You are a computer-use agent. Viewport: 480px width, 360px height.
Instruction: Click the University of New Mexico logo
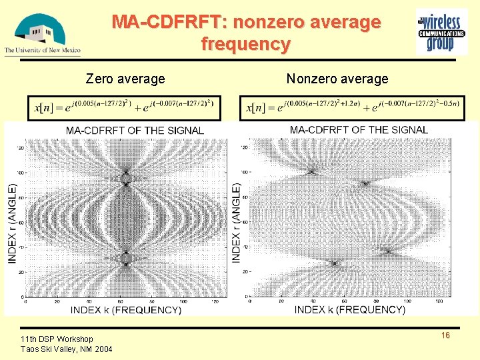(x=41, y=33)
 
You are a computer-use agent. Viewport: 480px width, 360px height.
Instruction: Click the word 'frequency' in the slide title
(x=246, y=45)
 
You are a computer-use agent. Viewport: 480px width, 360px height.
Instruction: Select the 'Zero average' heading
(x=125, y=79)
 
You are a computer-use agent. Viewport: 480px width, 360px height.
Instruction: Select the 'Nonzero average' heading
(x=337, y=79)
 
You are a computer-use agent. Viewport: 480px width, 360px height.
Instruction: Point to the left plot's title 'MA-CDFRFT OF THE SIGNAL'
(x=135, y=130)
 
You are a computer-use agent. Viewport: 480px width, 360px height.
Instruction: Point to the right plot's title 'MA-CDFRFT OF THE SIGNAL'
(x=359, y=129)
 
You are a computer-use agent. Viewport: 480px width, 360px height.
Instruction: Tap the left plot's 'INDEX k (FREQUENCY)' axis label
(x=126, y=309)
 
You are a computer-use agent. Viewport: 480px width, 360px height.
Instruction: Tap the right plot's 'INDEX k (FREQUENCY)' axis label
(x=349, y=309)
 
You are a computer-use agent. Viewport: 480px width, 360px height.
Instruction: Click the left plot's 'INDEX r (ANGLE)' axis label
(x=12, y=215)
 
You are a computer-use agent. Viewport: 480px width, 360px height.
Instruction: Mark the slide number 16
(x=445, y=335)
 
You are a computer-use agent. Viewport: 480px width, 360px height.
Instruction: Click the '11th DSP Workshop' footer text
(x=57, y=339)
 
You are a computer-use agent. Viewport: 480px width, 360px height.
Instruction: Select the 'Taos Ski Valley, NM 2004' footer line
(x=67, y=349)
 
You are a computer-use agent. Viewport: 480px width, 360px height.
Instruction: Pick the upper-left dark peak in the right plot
(x=311, y=172)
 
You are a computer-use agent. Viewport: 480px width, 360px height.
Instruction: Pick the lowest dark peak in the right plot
(x=334, y=263)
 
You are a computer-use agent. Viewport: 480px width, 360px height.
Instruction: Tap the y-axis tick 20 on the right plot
(x=245, y=272)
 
